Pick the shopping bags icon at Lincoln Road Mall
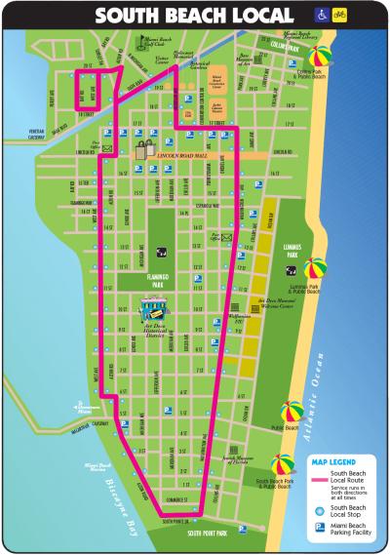tap(145, 150)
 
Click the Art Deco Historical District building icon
tap(152, 311)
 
